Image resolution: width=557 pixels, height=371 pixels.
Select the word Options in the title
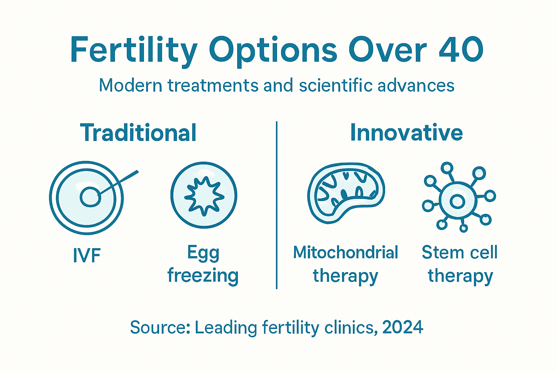(273, 51)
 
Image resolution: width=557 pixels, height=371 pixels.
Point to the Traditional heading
(139, 133)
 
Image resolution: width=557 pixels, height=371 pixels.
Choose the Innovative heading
(406, 133)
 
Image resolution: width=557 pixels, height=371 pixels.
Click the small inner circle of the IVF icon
(90, 197)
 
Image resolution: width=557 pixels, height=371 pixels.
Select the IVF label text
(87, 256)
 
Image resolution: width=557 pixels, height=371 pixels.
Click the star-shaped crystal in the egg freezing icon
(204, 196)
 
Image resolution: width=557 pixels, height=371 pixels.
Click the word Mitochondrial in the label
(345, 253)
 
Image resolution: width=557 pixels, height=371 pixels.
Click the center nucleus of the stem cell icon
(457, 201)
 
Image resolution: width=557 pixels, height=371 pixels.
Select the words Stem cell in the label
(459, 253)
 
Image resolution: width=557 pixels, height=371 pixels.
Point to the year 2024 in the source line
(403, 328)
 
